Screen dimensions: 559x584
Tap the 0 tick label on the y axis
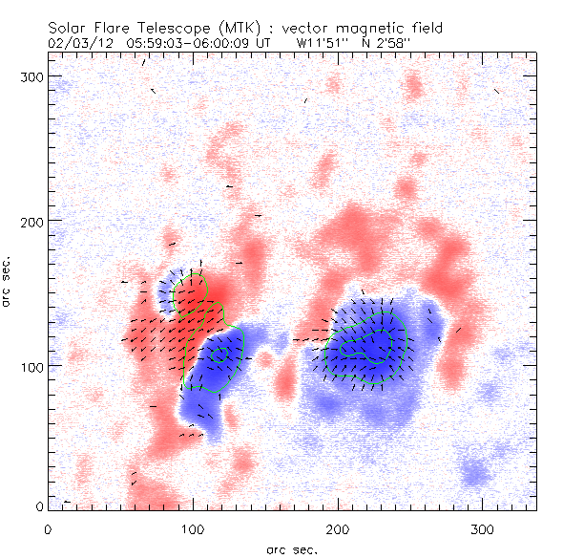(x=39, y=505)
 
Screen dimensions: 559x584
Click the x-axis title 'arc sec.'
(x=292, y=549)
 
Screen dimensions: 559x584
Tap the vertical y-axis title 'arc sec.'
(x=9, y=282)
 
